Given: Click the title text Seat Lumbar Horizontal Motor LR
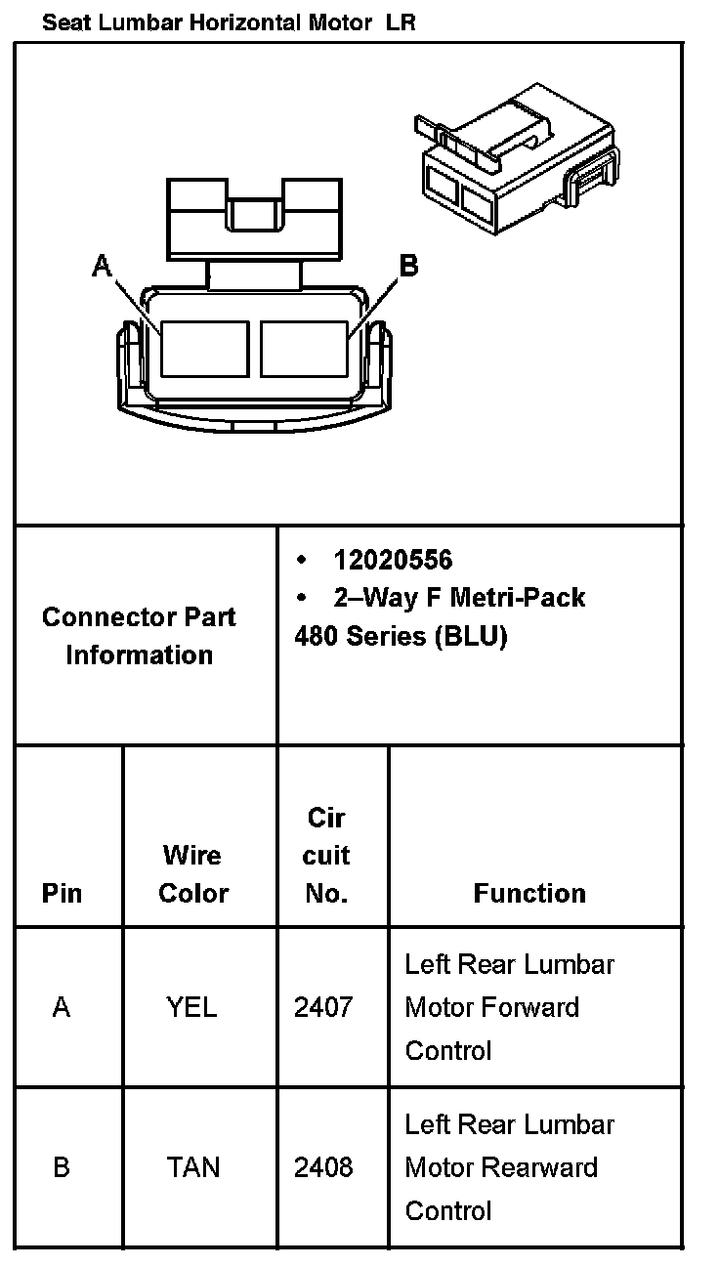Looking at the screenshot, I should (229, 23).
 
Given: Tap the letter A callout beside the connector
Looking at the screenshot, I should (102, 265).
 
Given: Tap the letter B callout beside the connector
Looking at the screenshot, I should (408, 265).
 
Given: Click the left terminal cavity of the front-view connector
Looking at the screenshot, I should (204, 349).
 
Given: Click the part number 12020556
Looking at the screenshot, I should (393, 560).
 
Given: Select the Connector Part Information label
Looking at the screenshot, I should (139, 636).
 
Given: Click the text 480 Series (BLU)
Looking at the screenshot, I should (401, 636).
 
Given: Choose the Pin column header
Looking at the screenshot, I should (63, 893).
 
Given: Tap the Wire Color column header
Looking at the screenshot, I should (192, 874).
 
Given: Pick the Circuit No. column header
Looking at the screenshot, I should (325, 856).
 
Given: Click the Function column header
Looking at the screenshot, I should (529, 893).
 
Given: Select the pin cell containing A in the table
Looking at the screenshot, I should (62, 1007).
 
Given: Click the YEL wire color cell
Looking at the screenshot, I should (192, 1007).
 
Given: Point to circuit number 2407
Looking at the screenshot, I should (323, 1007).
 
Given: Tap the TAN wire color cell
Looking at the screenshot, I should (192, 1167).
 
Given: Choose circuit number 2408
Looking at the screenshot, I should (323, 1167).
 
